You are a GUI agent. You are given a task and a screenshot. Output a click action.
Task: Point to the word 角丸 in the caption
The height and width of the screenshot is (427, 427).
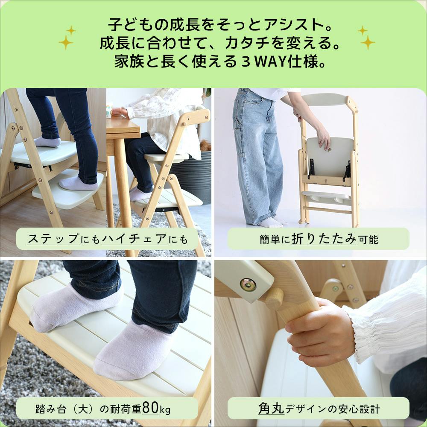pyautogui.click(x=271, y=409)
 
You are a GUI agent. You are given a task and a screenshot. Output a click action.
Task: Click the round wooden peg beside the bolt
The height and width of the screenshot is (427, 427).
pyautogui.click(x=274, y=298)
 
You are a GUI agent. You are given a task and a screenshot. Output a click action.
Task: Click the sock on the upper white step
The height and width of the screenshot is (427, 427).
pyautogui.click(x=47, y=141)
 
